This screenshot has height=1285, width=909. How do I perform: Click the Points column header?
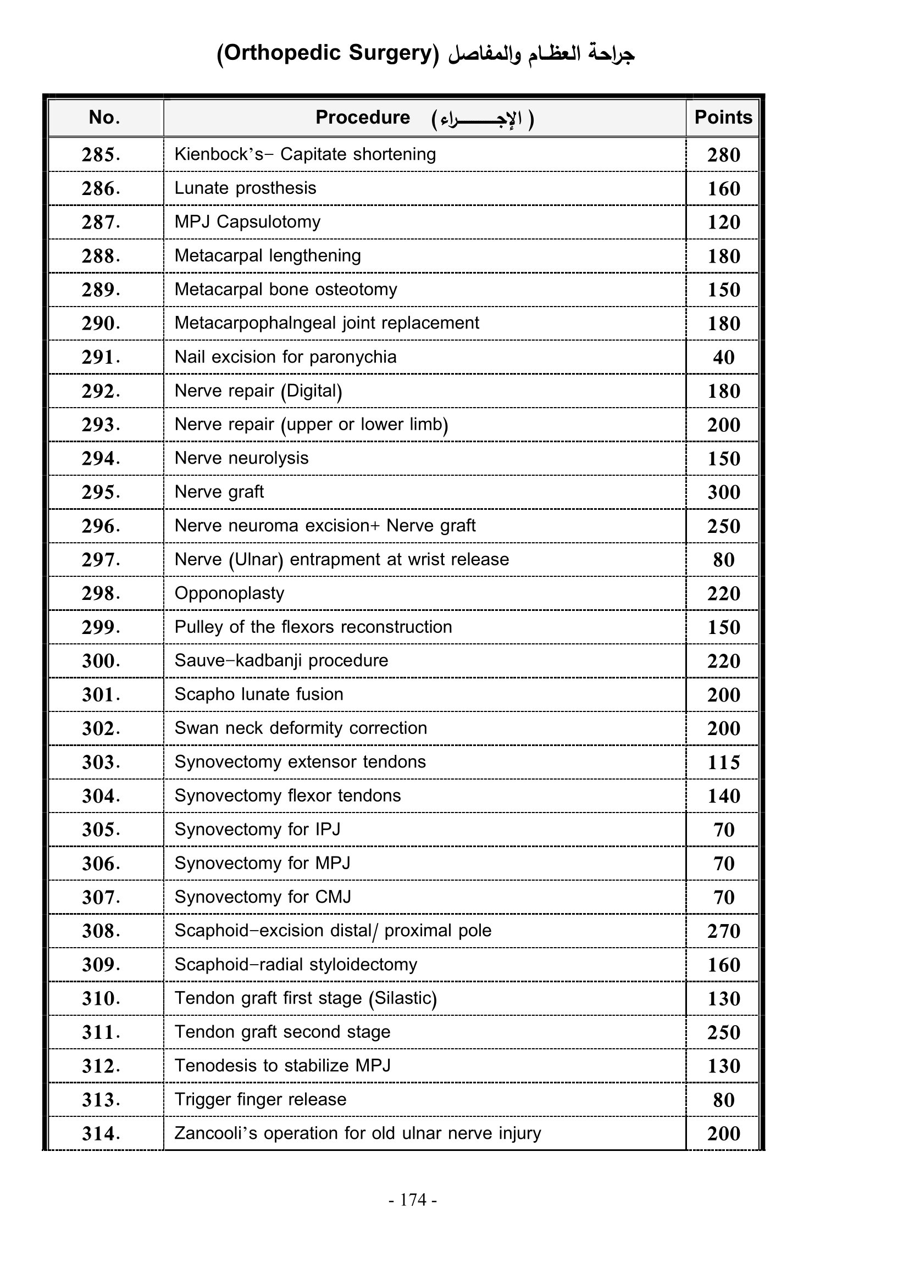723,118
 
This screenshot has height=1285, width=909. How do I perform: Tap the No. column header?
104,118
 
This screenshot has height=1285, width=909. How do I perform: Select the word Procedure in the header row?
363,118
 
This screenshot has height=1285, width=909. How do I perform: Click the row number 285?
101,155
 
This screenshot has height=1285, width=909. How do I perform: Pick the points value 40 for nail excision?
723,358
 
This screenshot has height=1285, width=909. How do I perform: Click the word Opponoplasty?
230,593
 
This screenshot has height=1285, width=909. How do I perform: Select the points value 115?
723,763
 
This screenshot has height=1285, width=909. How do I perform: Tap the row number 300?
101,661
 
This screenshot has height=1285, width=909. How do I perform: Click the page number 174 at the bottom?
414,1200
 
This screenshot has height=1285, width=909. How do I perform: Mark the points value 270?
723,931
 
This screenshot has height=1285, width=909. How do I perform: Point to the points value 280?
723,155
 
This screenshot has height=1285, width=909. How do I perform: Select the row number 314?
101,1134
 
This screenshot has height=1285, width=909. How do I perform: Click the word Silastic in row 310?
402,998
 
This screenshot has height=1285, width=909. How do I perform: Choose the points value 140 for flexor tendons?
723,796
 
